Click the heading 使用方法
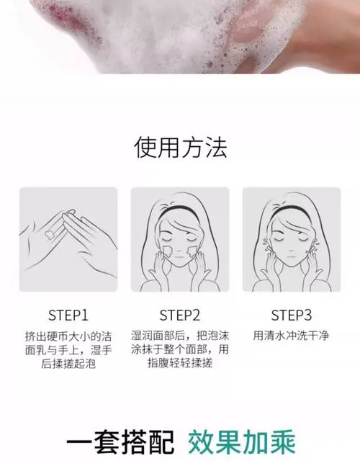click(180, 147)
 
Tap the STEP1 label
click(68, 315)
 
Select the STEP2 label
click(179, 315)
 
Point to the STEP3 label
click(291, 315)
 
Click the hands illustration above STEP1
click(68, 238)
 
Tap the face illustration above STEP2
click(179, 238)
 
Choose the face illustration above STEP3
click(291, 238)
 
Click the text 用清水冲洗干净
click(291, 336)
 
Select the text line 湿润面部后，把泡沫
click(179, 336)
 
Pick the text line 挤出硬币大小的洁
click(68, 336)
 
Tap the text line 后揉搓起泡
click(68, 364)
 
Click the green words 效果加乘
click(242, 440)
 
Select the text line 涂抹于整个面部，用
click(179, 350)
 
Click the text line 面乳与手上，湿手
click(68, 350)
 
